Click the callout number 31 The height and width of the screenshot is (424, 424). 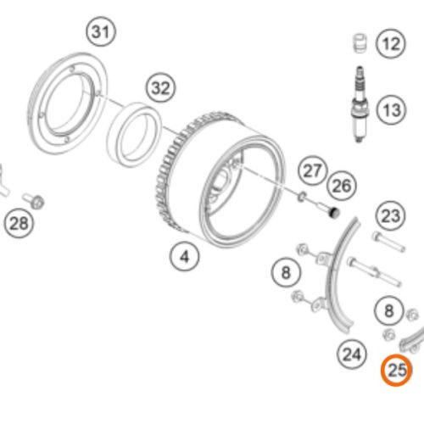(101, 31)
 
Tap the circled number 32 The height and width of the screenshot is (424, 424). (161, 88)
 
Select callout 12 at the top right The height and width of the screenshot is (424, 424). (391, 43)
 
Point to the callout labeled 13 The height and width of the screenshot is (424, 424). (392, 109)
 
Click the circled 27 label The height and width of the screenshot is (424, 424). (312, 170)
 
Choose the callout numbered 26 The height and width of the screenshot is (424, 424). (342, 186)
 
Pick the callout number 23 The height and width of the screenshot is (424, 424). (391, 215)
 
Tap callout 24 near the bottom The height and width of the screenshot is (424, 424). (352, 354)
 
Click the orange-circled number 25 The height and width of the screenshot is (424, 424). (396, 370)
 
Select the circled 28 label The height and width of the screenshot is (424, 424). (19, 223)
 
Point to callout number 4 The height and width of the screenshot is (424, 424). (184, 257)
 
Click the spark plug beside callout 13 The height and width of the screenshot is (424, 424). (360, 104)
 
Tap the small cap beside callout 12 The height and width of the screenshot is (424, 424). (360, 43)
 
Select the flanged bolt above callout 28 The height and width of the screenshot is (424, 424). (33, 200)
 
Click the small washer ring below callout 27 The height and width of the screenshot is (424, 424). (302, 196)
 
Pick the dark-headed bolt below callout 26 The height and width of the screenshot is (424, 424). (328, 209)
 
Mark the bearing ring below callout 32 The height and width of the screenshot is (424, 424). (134, 135)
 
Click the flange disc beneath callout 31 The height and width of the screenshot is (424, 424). (67, 103)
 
